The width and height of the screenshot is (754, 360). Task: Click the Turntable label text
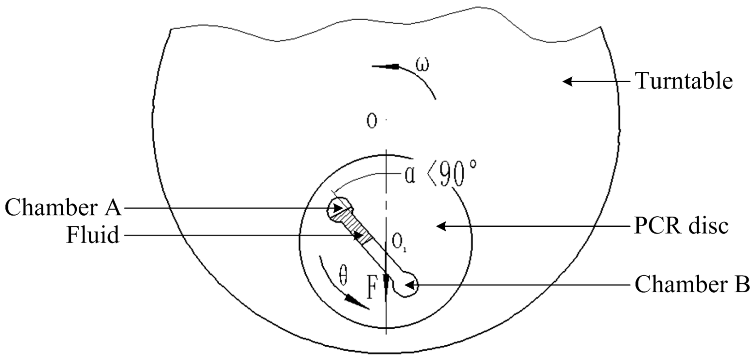pos(684,81)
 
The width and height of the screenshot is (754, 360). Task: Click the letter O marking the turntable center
pos(372,121)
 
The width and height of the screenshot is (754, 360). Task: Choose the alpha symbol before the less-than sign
pos(409,176)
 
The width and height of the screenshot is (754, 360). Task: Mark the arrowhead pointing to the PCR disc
pos(441,226)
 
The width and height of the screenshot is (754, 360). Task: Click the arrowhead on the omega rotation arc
pos(392,67)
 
